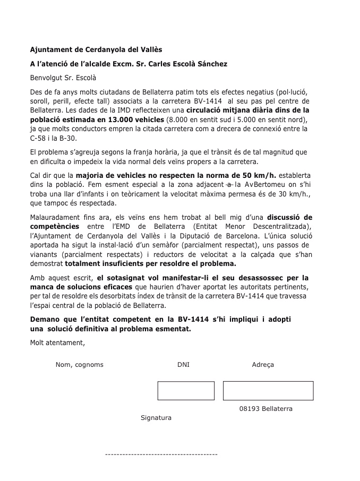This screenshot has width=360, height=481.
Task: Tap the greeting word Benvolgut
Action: (46, 78)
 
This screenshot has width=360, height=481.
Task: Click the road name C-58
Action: (38, 138)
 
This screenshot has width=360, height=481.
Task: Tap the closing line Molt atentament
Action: (57, 342)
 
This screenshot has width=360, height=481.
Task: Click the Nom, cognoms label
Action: (79, 365)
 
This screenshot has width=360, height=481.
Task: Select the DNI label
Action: (183, 365)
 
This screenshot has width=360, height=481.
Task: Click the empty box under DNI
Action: (186, 391)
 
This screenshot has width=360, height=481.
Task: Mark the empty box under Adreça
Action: (268, 391)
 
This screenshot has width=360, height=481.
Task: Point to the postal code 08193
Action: (248, 409)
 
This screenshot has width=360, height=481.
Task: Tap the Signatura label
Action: (156, 418)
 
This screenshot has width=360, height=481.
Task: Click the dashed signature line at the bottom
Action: (161, 455)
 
